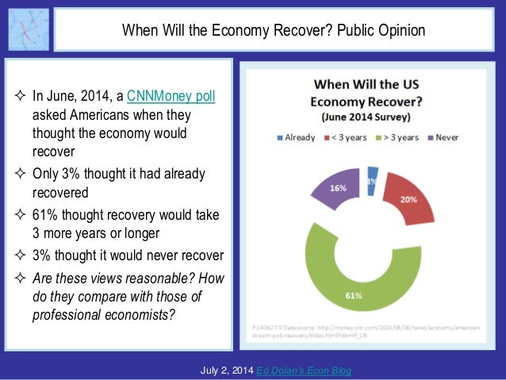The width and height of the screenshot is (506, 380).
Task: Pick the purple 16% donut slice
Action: tap(338, 190)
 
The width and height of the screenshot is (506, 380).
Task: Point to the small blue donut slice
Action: tap(373, 178)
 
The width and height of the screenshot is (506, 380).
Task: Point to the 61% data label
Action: tap(354, 296)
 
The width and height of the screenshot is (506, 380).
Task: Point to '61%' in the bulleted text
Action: tap(45, 216)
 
